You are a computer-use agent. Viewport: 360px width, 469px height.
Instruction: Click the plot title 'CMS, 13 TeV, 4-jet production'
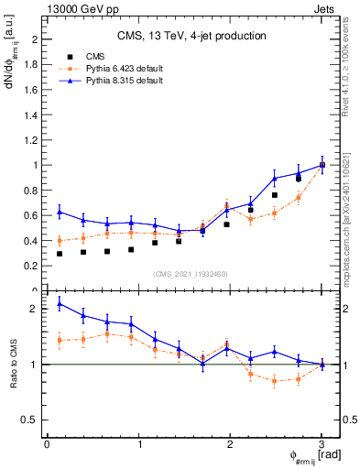(x=191, y=37)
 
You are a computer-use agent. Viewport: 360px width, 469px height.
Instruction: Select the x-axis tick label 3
(x=322, y=444)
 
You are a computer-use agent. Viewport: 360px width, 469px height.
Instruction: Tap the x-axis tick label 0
(x=47, y=444)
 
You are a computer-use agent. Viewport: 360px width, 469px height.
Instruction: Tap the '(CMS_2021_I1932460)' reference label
(x=191, y=274)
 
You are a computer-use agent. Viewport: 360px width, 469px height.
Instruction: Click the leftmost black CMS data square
(x=60, y=254)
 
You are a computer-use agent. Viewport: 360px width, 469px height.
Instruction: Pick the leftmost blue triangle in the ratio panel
(x=60, y=303)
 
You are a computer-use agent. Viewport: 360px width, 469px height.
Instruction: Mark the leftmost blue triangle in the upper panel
(x=60, y=212)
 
